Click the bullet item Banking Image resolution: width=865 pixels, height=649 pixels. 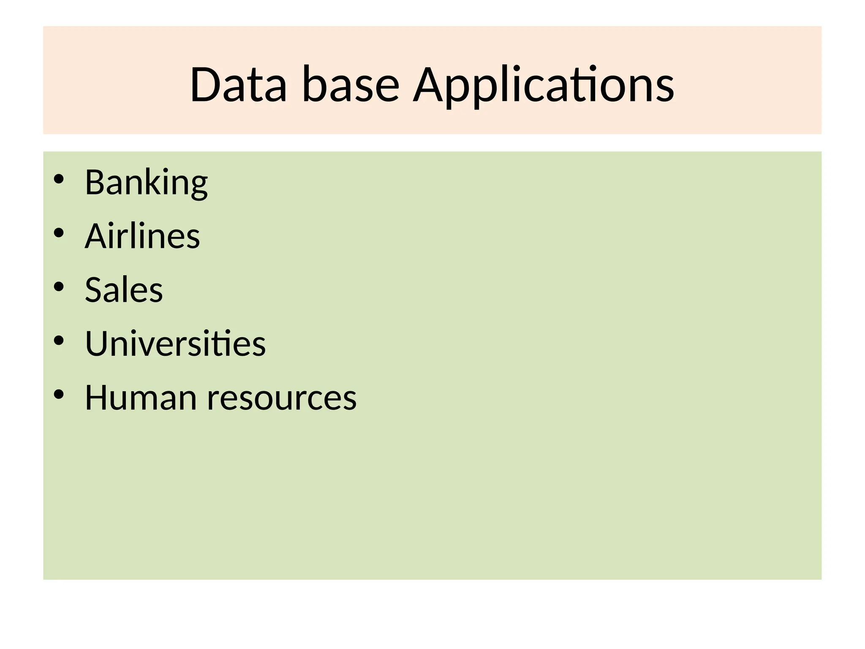click(146, 183)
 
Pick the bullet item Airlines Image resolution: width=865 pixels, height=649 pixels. click(142, 236)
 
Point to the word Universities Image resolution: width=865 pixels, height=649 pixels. click(175, 344)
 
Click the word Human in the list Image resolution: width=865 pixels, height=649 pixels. click(141, 398)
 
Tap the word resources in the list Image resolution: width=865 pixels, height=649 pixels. click(282, 398)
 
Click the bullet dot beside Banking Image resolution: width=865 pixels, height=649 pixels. click(59, 179)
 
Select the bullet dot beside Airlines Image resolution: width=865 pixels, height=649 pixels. click(59, 233)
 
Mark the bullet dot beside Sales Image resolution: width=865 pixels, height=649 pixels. click(59, 286)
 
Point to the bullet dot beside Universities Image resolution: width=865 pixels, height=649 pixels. click(59, 340)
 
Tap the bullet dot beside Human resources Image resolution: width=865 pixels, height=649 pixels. click(59, 394)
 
